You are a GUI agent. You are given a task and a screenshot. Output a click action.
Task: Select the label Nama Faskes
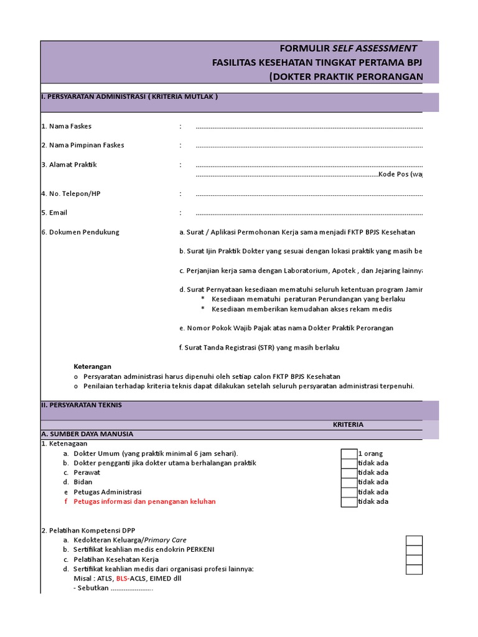(x=67, y=126)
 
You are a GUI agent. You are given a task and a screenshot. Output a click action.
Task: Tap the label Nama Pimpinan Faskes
(x=83, y=145)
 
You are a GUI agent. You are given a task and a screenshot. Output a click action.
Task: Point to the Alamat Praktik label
(x=69, y=165)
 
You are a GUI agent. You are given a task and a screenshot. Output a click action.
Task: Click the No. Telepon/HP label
(x=71, y=193)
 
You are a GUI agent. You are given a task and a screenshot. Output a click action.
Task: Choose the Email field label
(x=54, y=213)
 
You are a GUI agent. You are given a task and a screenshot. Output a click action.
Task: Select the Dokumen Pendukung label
(x=80, y=232)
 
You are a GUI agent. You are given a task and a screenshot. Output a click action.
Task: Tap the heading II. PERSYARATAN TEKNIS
(x=82, y=405)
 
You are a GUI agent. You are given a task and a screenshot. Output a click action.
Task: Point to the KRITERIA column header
(x=348, y=424)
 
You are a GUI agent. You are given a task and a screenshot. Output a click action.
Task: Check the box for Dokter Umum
(x=349, y=453)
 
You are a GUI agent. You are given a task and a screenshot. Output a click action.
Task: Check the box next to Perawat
(x=349, y=473)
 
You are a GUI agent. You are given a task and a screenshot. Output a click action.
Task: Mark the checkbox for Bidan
(x=349, y=482)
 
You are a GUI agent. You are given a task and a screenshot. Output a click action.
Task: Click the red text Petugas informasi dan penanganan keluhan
(x=144, y=501)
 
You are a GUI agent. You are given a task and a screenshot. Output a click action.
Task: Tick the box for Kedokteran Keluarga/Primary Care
(x=414, y=541)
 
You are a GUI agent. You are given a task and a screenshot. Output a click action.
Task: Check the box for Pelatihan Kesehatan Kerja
(x=414, y=559)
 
